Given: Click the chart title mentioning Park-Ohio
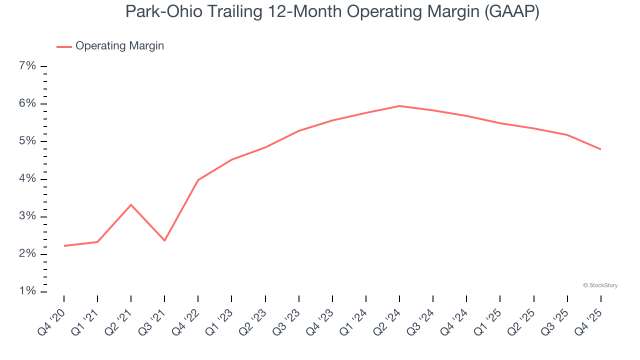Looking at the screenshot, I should click(x=332, y=11).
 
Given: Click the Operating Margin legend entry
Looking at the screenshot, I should click(x=119, y=46).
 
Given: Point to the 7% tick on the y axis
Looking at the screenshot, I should click(x=27, y=66).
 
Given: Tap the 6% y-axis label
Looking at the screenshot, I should click(x=27, y=103).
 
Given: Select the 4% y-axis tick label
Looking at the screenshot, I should click(x=27, y=179).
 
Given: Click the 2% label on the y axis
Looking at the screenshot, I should click(x=27, y=254).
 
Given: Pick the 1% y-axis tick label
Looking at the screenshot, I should click(x=27, y=291).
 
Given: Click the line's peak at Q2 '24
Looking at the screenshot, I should click(x=399, y=106).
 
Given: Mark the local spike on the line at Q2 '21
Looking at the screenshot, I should click(x=131, y=205).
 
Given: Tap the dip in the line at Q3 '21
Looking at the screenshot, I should click(x=164, y=240).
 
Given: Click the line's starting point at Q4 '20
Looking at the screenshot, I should click(x=64, y=246).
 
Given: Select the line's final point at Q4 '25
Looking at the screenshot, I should click(x=600, y=149).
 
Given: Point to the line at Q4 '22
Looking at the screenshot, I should click(x=198, y=180).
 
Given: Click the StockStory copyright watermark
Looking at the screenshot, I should click(x=600, y=285).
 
